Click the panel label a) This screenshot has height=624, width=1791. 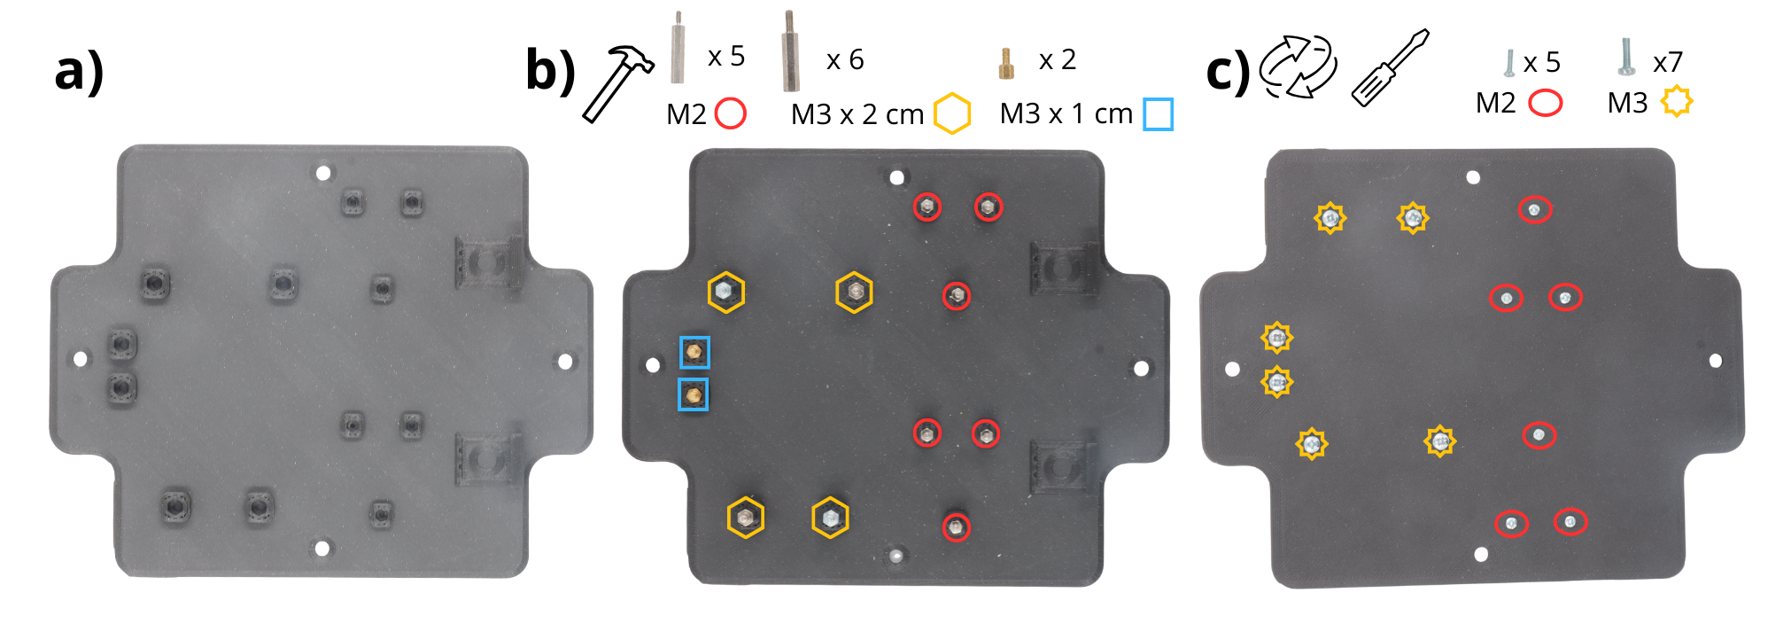[80, 71]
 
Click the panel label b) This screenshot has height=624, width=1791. [551, 70]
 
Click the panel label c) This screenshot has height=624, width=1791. [1229, 72]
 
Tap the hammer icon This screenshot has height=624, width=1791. [617, 84]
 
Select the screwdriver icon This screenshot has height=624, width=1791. [1390, 67]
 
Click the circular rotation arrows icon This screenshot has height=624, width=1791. [1299, 66]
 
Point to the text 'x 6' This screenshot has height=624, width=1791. [845, 60]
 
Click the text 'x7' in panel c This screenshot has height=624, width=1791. [1668, 63]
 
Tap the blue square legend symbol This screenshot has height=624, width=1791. [1158, 114]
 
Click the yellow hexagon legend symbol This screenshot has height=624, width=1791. [952, 113]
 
